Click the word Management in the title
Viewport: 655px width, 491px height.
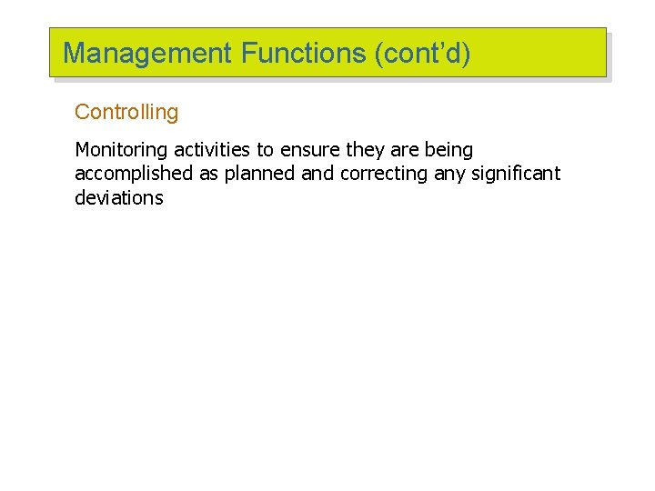pyautogui.click(x=148, y=54)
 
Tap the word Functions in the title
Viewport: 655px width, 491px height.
pyautogui.click(x=304, y=54)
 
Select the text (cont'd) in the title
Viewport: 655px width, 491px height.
pyautogui.click(x=423, y=54)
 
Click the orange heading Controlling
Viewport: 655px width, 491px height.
pyautogui.click(x=126, y=113)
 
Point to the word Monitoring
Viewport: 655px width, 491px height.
pyautogui.click(x=121, y=150)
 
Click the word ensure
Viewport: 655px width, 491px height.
pyautogui.click(x=309, y=150)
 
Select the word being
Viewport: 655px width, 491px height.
pyautogui.click(x=448, y=150)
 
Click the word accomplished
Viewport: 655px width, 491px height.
pyautogui.click(x=134, y=174)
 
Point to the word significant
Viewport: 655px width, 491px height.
pyautogui.click(x=516, y=174)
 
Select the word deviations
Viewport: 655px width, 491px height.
pyautogui.click(x=118, y=197)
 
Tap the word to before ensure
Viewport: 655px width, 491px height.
pyautogui.click(x=268, y=150)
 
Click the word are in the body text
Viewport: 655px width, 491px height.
pyautogui.click(x=403, y=150)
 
